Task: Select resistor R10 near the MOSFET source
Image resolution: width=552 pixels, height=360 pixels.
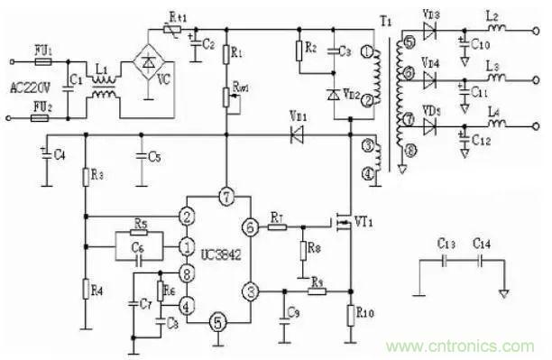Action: coord(349,314)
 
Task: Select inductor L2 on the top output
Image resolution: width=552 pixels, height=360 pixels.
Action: coord(494,29)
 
